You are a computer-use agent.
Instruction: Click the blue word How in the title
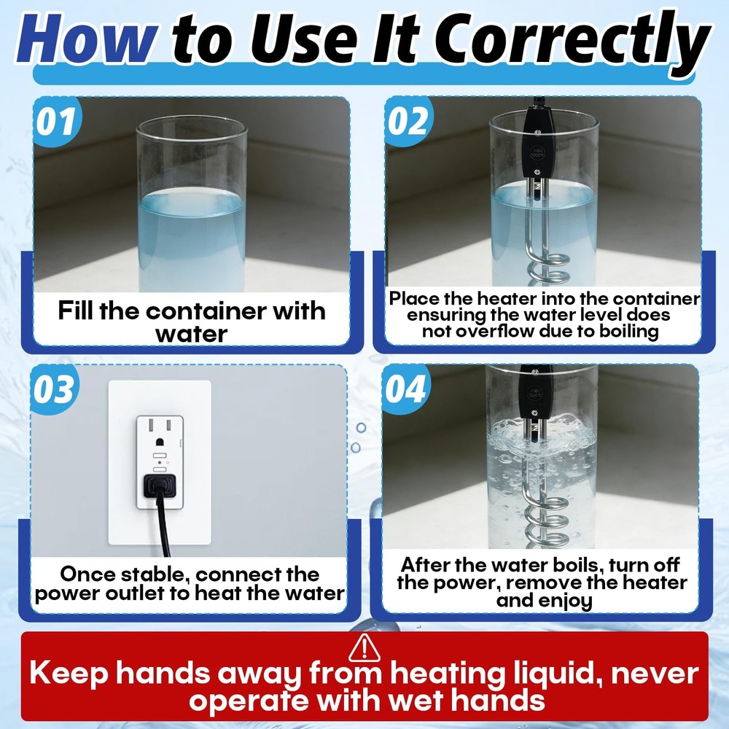(x=86, y=39)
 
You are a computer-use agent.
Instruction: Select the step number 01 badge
(x=56, y=122)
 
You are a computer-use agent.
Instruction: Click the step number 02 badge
(x=408, y=121)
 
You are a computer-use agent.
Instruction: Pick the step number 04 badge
(x=405, y=389)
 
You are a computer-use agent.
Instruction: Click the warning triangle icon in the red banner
(x=364, y=647)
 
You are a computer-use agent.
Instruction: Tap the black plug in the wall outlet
(x=160, y=486)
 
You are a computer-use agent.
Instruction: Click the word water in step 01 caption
(x=192, y=334)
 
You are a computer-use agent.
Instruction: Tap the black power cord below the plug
(x=163, y=526)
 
